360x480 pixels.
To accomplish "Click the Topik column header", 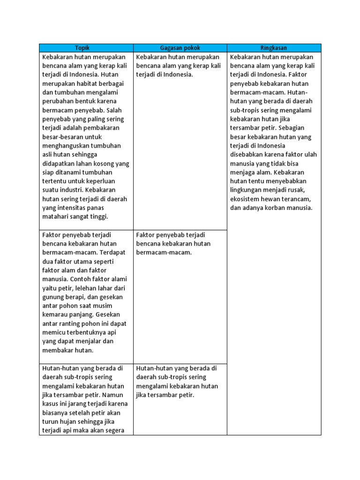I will click(86, 48).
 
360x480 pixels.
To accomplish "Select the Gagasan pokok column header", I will click(180, 48).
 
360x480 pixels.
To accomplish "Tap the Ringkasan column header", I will click(274, 48).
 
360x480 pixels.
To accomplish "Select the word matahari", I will click(56, 216).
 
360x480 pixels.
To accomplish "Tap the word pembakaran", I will click(101, 128).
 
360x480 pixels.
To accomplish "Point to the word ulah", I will click(309, 155).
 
